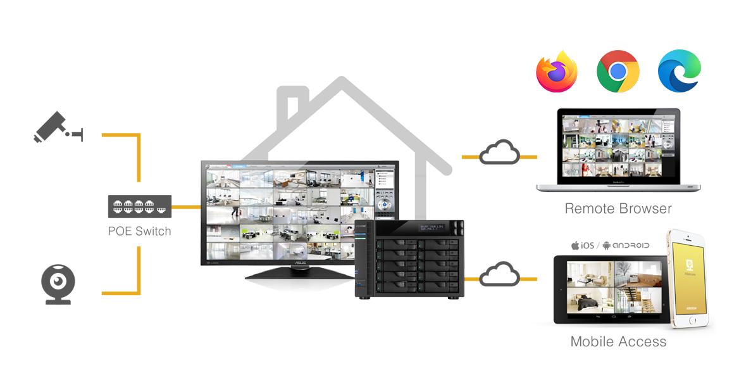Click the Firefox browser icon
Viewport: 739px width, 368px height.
[x=557, y=70]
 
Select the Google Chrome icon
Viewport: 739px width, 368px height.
[x=618, y=70]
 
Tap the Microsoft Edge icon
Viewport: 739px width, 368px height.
[x=678, y=70]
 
